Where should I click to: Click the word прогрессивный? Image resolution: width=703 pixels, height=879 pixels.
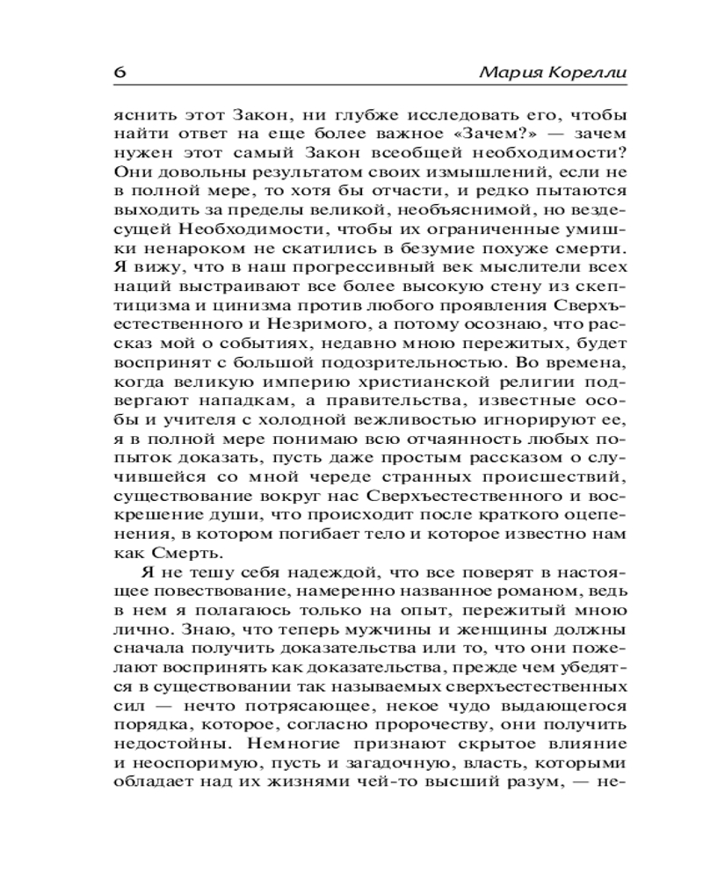(312, 270)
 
